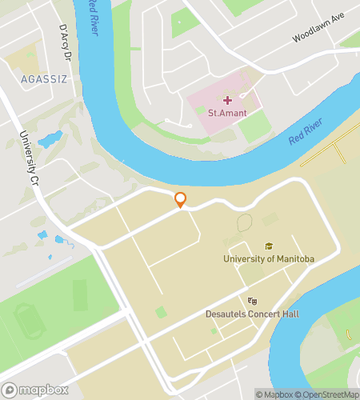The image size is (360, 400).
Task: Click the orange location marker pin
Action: click(181, 200)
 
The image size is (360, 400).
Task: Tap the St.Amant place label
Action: click(226, 114)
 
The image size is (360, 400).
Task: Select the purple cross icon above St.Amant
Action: click(227, 100)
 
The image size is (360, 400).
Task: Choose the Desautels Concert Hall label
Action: click(252, 314)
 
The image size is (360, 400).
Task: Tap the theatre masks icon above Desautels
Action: click(252, 301)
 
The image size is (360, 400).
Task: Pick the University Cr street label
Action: click(30, 157)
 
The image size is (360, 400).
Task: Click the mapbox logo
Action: click(37, 390)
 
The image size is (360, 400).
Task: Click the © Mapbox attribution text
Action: click(274, 394)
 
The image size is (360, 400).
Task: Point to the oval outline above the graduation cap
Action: click(244, 224)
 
